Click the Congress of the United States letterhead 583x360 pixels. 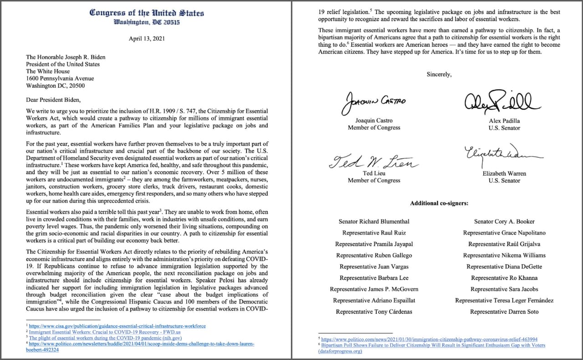coord(147,12)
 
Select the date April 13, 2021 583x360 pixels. coord(147,39)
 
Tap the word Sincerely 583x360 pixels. coord(439,74)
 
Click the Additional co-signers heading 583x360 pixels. coord(439,203)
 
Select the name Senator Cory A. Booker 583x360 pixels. coord(504,222)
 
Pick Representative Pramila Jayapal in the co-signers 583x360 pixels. coord(373,244)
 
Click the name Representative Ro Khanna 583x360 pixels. coord(504,278)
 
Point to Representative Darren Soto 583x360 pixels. coord(504,312)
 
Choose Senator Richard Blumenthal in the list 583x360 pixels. coord(373,222)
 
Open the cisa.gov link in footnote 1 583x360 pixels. coord(117,326)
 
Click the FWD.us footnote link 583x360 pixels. coord(104,332)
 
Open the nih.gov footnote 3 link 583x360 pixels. coord(105,338)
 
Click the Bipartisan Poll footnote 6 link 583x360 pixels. coord(433,345)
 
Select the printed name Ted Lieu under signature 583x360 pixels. coord(374,173)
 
